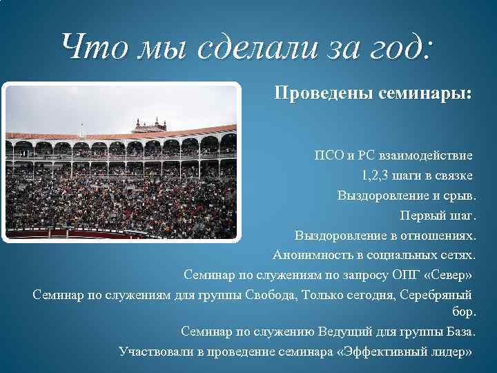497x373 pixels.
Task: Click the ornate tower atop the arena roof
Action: tap(150, 125)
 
